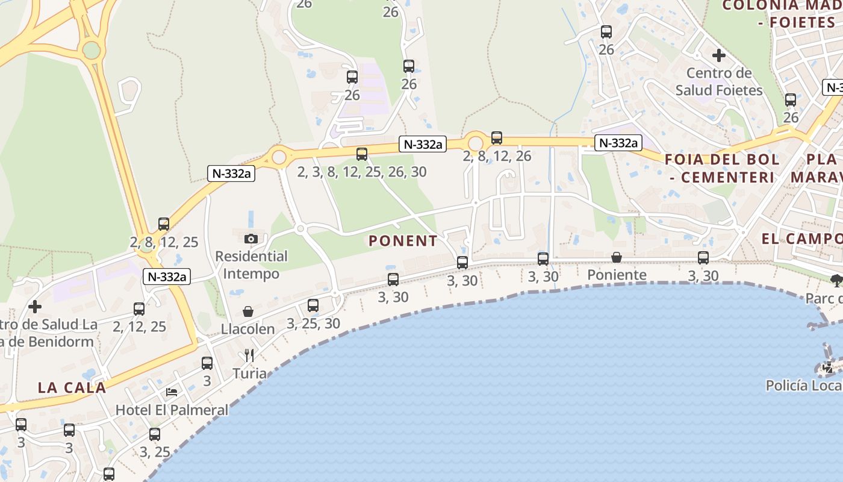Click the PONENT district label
(x=403, y=241)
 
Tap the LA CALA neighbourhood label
(x=72, y=387)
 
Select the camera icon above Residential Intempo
(x=252, y=239)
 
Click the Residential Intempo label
(x=252, y=265)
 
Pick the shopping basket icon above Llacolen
(x=247, y=311)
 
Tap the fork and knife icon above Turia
(x=249, y=355)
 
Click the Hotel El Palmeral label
(x=172, y=410)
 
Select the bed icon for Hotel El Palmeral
(x=172, y=392)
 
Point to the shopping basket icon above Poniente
(x=617, y=258)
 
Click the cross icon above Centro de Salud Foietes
(x=718, y=55)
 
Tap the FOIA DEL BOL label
(x=722, y=160)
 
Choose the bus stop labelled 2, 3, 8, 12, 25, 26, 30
(x=361, y=154)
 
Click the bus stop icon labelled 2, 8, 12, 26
(x=497, y=138)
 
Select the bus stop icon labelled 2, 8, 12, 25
(x=164, y=224)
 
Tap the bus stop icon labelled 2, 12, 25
(x=139, y=309)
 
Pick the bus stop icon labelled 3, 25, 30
(x=313, y=305)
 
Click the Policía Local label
(x=804, y=386)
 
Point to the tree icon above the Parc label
(x=836, y=280)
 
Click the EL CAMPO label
(x=801, y=239)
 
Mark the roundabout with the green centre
(x=91, y=50)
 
